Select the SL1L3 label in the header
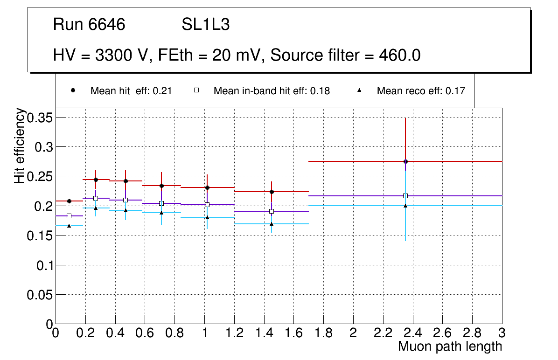(x=205, y=25)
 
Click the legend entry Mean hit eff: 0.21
(x=131, y=91)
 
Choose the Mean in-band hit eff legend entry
(x=271, y=91)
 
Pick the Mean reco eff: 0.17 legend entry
(x=420, y=91)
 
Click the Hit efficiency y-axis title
(x=20, y=145)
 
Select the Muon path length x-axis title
(x=450, y=346)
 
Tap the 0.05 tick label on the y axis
(x=40, y=295)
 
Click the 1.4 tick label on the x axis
(x=264, y=332)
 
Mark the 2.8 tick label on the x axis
(x=472, y=332)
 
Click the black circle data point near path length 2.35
(x=405, y=161)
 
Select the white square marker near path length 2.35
(x=405, y=196)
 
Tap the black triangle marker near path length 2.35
(x=405, y=206)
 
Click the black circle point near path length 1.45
(x=272, y=192)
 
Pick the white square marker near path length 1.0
(x=207, y=205)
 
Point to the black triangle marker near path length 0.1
(x=69, y=226)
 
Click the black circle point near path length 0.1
(x=69, y=201)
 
